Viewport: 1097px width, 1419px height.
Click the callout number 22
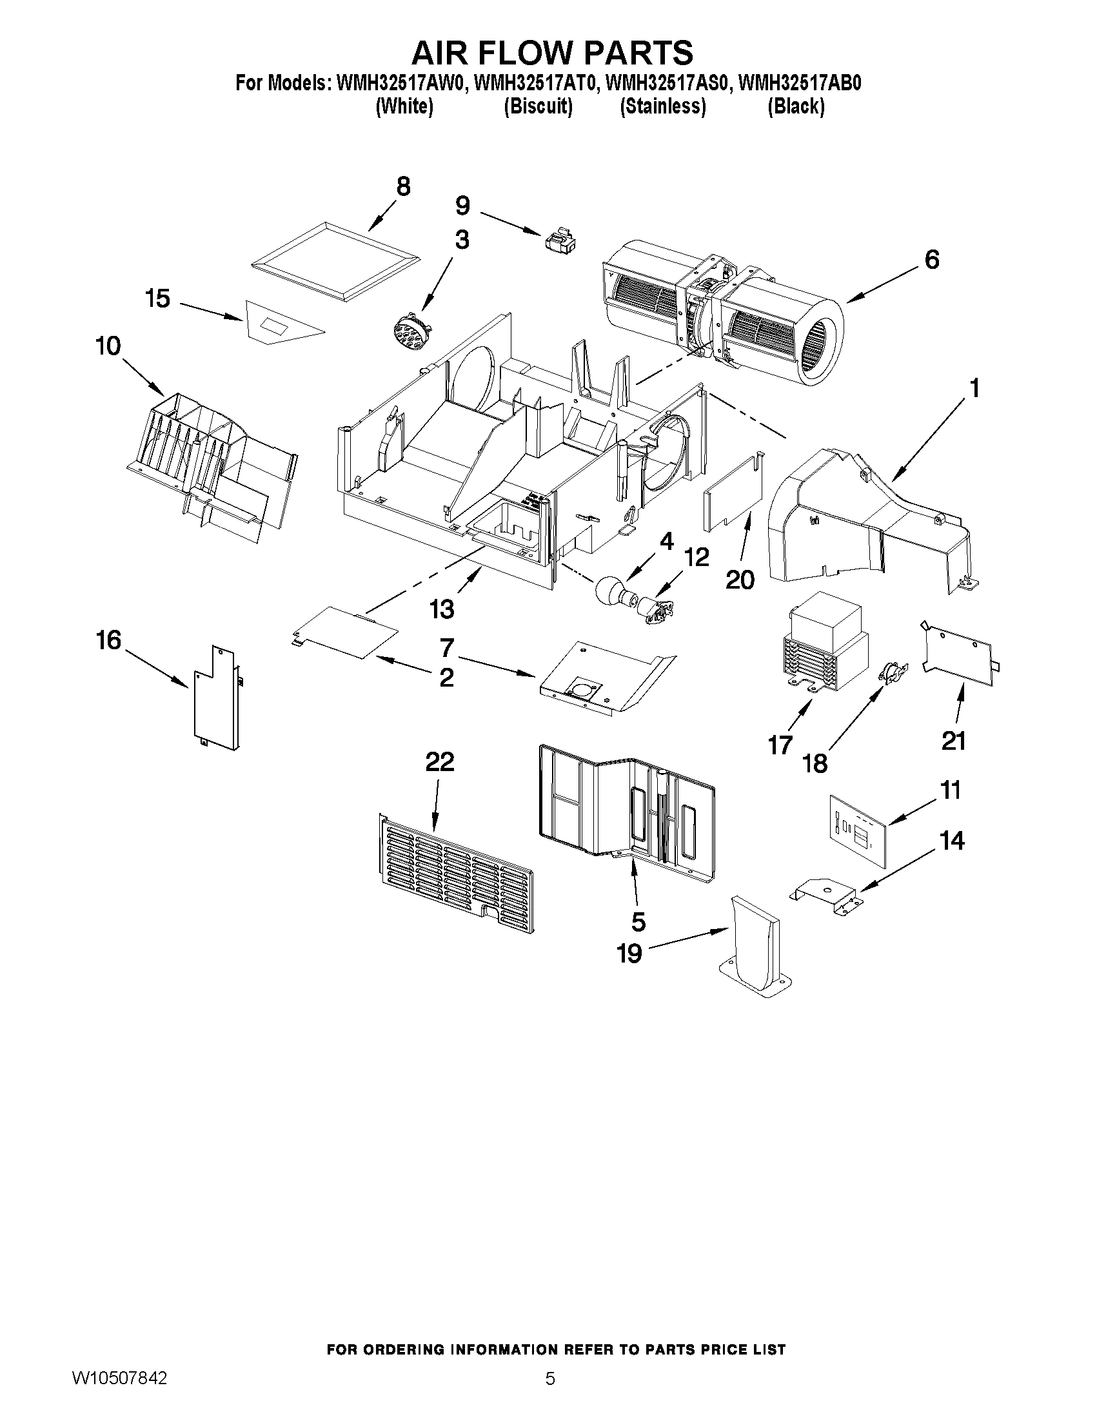click(x=439, y=761)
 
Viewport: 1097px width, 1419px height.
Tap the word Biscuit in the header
click(x=538, y=106)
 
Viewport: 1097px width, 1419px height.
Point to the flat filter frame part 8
click(x=335, y=263)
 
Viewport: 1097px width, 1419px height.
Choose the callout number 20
click(x=740, y=580)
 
